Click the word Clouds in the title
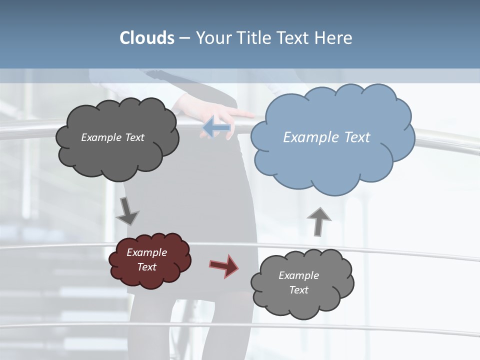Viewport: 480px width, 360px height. click(146, 38)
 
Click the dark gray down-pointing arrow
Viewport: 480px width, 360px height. click(127, 211)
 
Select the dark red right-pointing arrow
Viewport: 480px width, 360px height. click(223, 265)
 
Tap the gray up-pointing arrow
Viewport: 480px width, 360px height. click(319, 221)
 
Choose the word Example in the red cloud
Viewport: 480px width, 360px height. click(146, 252)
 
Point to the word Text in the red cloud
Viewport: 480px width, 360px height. click(146, 267)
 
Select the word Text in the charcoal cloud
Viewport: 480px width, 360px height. click(133, 137)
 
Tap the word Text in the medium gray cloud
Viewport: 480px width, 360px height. click(298, 290)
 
